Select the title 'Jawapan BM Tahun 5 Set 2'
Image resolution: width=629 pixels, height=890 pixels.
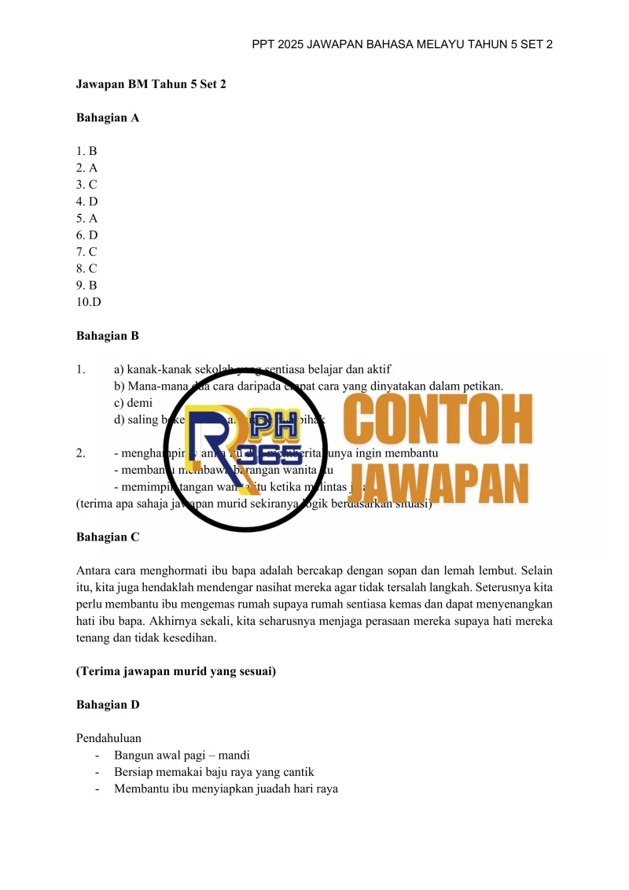pos(151,83)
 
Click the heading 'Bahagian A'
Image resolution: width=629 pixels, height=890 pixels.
pos(107,117)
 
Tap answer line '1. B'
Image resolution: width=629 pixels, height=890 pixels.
pos(86,151)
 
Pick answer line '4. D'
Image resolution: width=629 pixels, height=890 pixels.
pos(86,201)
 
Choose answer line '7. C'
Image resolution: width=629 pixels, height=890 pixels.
pos(86,252)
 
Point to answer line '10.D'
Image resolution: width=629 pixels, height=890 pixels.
pos(89,302)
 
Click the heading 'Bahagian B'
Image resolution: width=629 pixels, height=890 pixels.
pos(107,336)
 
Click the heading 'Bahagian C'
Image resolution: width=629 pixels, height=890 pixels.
pos(107,537)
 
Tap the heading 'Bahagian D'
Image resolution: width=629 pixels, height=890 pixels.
pos(107,705)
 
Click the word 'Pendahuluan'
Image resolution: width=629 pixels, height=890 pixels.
pos(109,738)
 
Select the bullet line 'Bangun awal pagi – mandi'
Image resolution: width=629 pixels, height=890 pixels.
pos(182,755)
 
